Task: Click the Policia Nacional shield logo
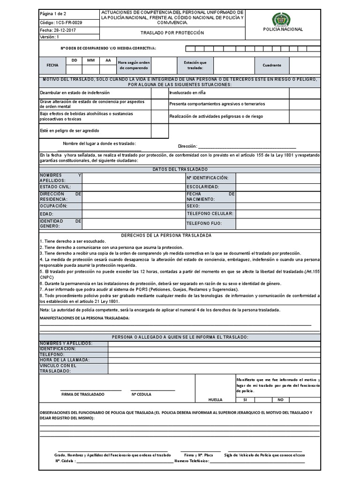(x=281, y=19)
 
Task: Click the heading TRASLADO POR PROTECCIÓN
(x=172, y=33)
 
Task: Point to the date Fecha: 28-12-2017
(x=60, y=30)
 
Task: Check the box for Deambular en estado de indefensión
(x=159, y=93)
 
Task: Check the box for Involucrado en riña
(x=312, y=93)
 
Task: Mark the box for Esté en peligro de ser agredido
(x=159, y=131)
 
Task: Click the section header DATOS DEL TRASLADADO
(x=180, y=169)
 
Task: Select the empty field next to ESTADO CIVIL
(x=133, y=187)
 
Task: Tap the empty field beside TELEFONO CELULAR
(x=277, y=214)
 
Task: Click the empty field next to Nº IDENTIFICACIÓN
(x=277, y=178)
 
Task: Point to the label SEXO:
(x=193, y=206)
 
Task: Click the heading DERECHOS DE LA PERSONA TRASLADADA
(x=166, y=235)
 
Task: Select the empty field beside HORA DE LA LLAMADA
(x=214, y=360)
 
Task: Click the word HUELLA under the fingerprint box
(x=216, y=400)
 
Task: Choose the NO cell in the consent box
(x=280, y=400)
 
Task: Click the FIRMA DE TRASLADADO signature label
(x=83, y=394)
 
